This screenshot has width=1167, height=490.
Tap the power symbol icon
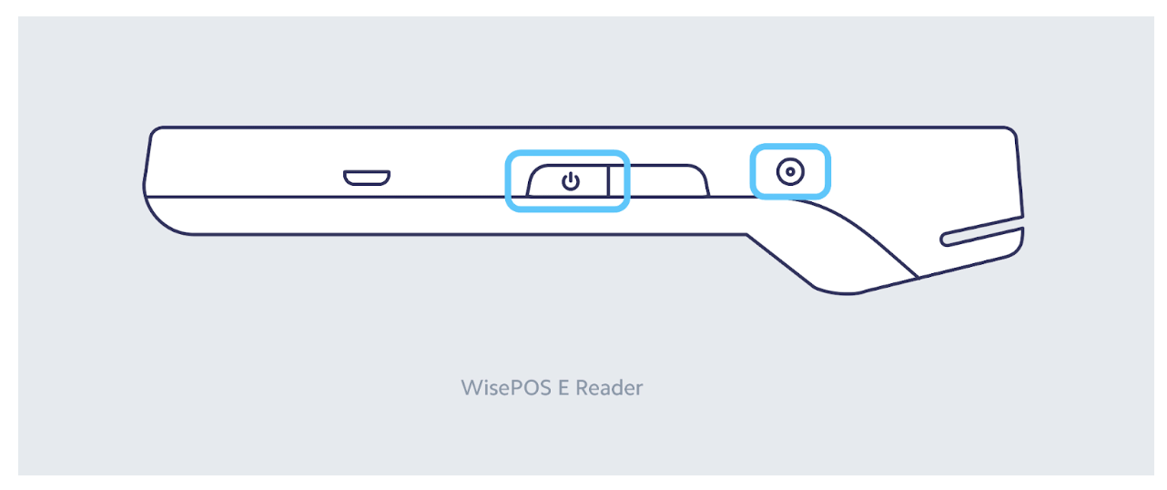[570, 181]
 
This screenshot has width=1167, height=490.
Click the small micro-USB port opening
[367, 178]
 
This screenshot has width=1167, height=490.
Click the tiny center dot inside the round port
[790, 172]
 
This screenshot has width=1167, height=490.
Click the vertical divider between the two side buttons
[608, 180]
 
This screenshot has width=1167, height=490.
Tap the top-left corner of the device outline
[153, 132]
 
